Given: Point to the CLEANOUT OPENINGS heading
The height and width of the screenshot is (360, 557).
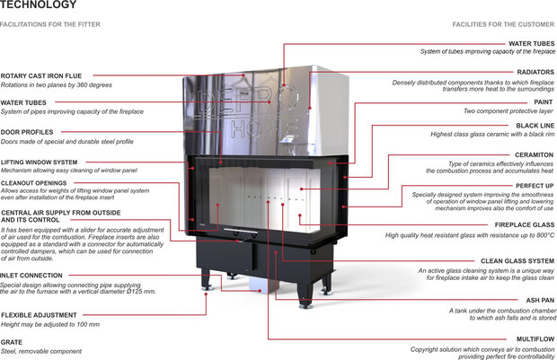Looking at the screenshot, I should click(35, 182).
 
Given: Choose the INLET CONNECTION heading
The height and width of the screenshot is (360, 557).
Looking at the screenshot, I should click(32, 275).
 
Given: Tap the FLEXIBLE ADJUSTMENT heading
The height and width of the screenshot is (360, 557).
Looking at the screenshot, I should click(39, 315).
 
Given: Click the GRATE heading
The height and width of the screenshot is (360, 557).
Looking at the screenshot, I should click(13, 341).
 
